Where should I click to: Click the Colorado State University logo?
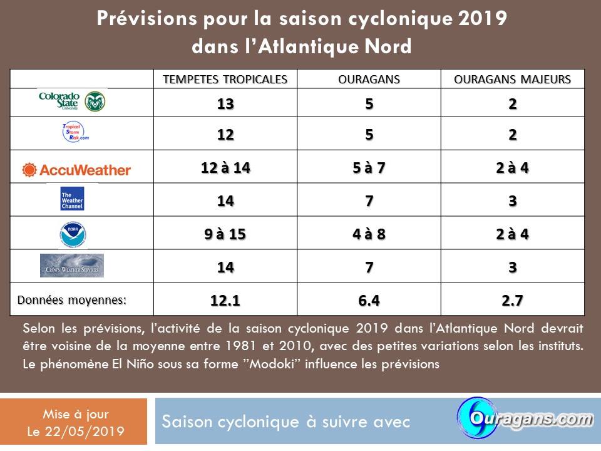click(x=72, y=101)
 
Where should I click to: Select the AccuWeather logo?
click(x=76, y=169)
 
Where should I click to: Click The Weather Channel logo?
click(x=72, y=199)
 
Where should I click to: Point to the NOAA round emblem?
click(x=72, y=234)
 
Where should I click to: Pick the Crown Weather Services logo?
click(x=72, y=266)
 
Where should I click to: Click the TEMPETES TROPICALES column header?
click(x=225, y=80)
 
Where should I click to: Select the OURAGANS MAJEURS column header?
click(x=513, y=80)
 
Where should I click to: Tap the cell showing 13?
click(x=225, y=104)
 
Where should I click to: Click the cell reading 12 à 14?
click(x=225, y=168)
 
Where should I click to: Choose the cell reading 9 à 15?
click(x=225, y=234)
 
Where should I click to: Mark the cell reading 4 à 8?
click(x=369, y=234)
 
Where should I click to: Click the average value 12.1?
click(x=225, y=301)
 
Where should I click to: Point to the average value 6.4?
click(x=369, y=301)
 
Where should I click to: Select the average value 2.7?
click(x=513, y=301)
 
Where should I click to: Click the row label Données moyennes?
click(x=72, y=300)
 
